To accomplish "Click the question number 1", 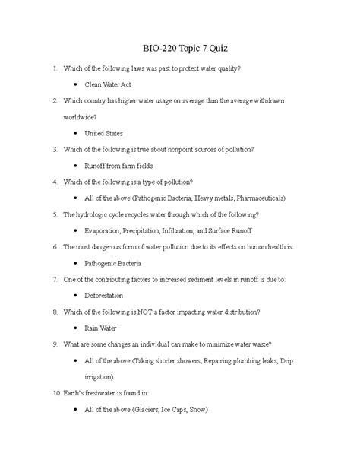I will click(54, 69).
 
